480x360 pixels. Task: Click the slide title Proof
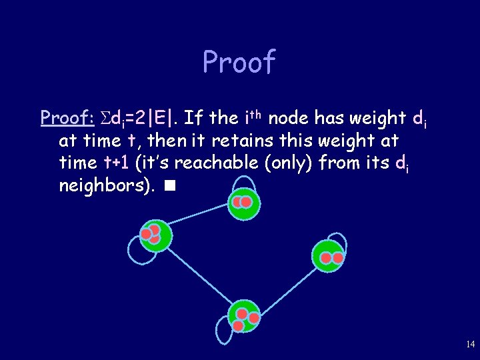239,63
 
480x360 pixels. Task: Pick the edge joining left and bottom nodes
198,274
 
